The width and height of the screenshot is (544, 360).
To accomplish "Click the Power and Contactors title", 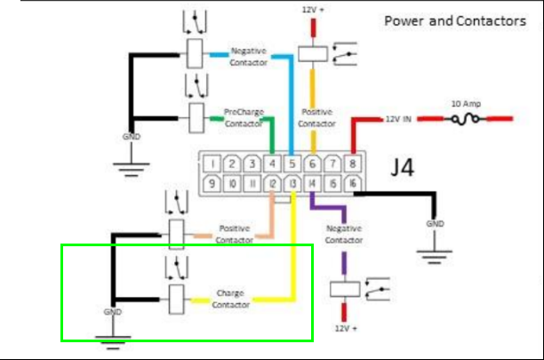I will pyautogui.click(x=454, y=20).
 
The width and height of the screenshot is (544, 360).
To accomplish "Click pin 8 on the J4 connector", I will pyautogui.click(x=354, y=163).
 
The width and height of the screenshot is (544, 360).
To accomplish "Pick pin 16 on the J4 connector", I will pyautogui.click(x=354, y=184).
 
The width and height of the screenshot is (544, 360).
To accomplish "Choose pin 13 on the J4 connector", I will pyautogui.click(x=292, y=184).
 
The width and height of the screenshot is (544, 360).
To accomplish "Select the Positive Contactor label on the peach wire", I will pyautogui.click(x=234, y=234).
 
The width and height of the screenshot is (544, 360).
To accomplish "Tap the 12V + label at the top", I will pyautogui.click(x=311, y=10).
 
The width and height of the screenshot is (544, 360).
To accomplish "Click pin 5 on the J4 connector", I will pyautogui.click(x=292, y=163).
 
